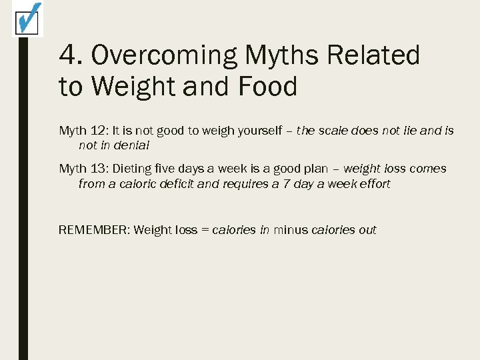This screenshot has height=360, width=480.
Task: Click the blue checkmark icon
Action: point(27,18)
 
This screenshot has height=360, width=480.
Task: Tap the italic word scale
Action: point(333,131)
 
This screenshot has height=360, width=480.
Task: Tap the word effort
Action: point(373,183)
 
